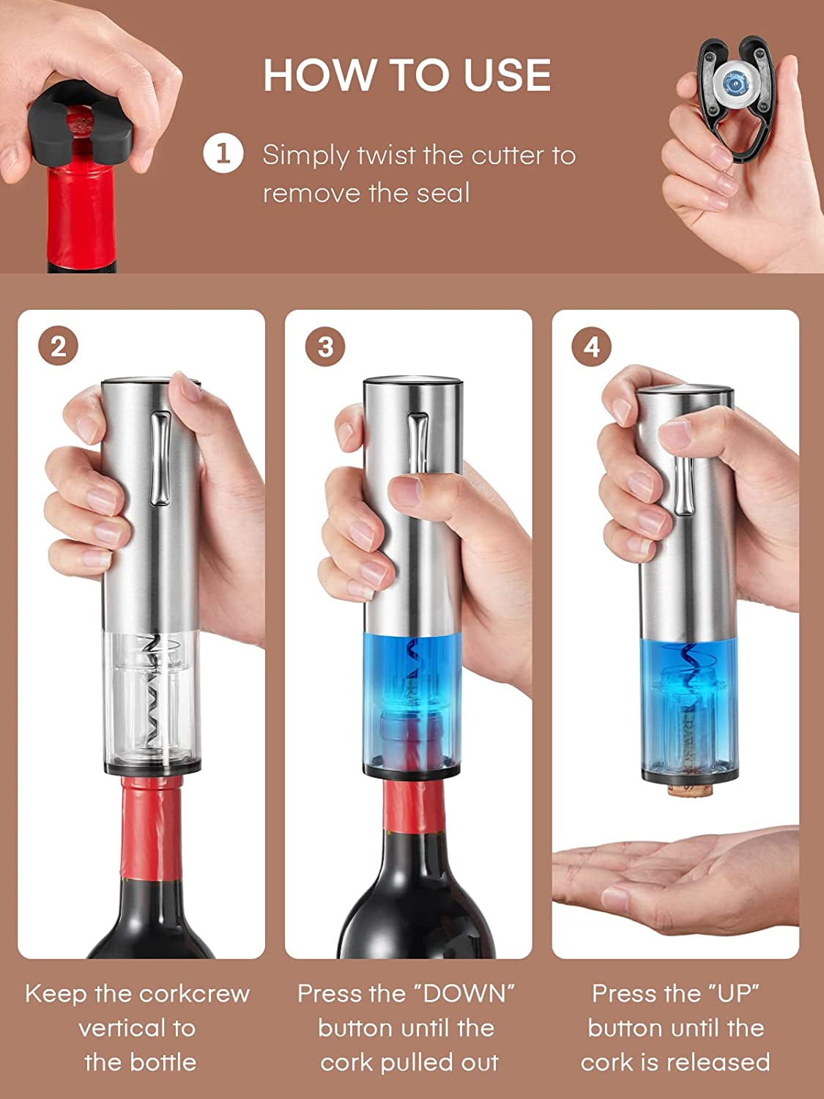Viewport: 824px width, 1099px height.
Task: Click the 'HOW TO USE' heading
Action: tap(407, 75)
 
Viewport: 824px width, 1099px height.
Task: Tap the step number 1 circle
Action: tap(223, 155)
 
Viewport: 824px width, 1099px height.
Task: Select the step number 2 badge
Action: tap(58, 346)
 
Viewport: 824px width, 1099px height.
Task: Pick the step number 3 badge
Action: tap(325, 346)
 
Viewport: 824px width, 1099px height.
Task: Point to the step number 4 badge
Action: tap(592, 346)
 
